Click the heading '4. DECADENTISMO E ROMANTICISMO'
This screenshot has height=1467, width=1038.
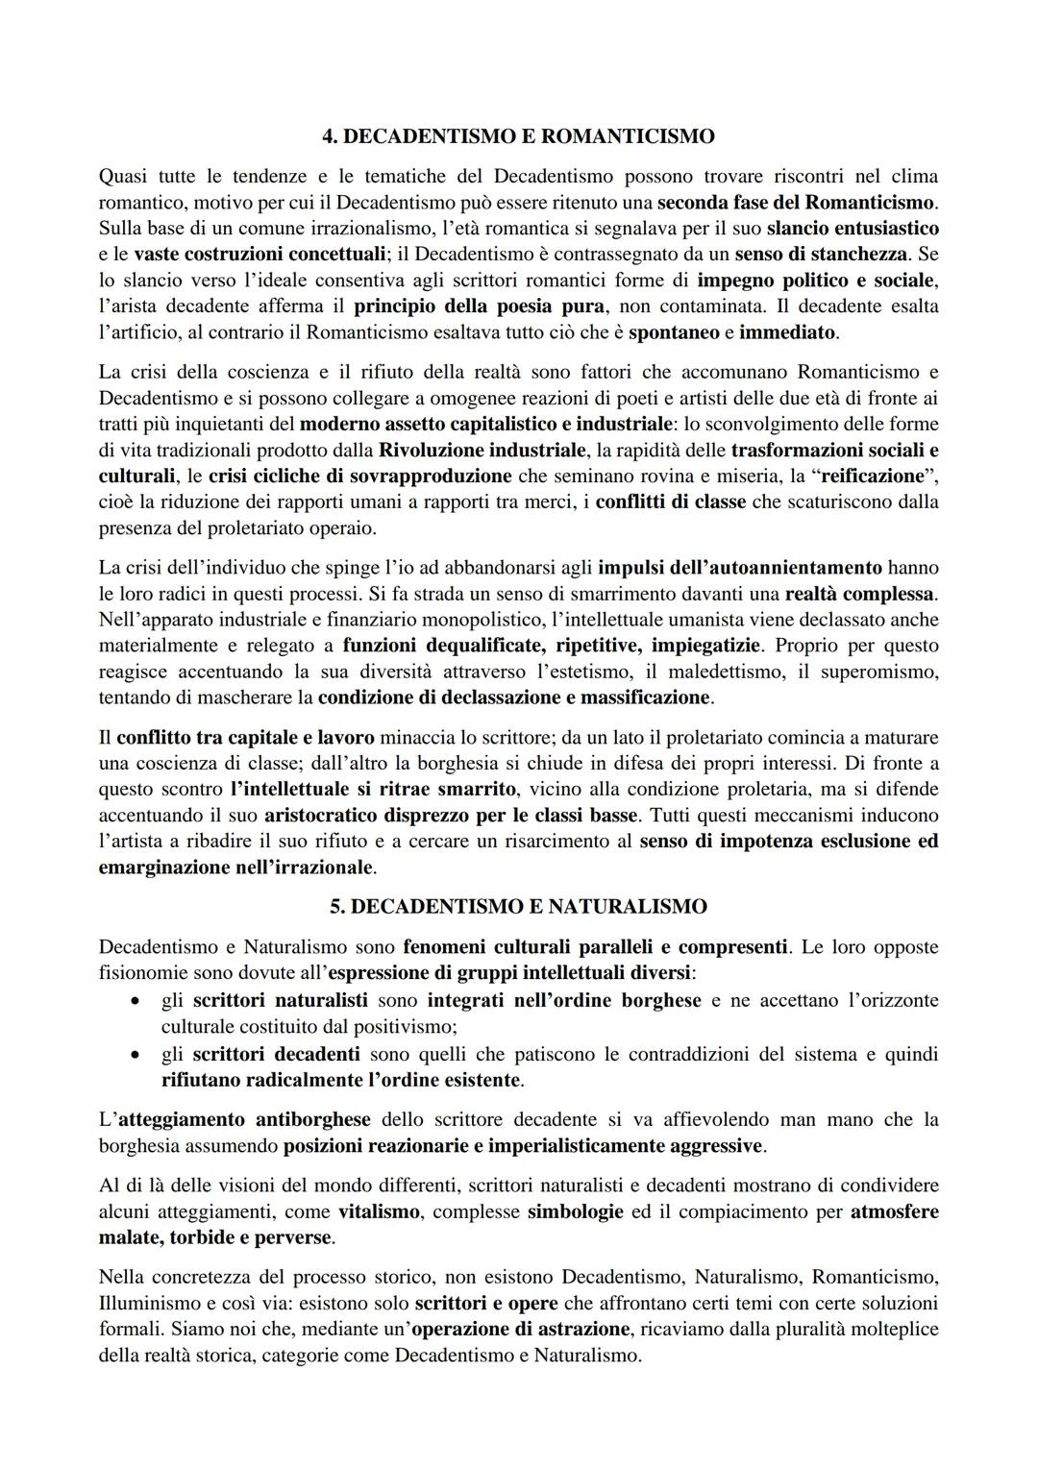(x=519, y=136)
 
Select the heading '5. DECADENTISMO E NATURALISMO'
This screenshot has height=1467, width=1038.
(x=518, y=906)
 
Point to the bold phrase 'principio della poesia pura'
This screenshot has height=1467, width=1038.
(x=479, y=306)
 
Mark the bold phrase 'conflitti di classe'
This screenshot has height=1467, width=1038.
(x=670, y=501)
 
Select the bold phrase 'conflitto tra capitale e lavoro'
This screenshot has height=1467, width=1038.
(x=246, y=738)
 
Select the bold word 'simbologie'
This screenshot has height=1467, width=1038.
(x=575, y=1211)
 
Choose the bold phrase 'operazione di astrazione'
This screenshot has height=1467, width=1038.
(x=520, y=1330)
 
